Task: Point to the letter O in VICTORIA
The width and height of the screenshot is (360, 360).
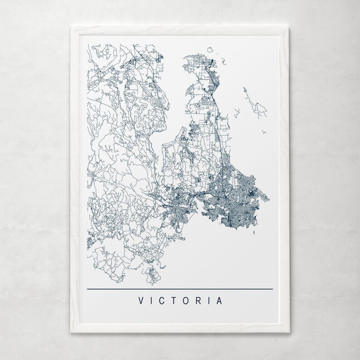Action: point(186,301)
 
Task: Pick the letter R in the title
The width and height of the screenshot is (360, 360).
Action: point(198,301)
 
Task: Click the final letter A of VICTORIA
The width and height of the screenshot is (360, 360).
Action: point(219,301)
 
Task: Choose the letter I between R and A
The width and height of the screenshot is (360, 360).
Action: point(209,301)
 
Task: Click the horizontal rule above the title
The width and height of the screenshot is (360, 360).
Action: point(180,289)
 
